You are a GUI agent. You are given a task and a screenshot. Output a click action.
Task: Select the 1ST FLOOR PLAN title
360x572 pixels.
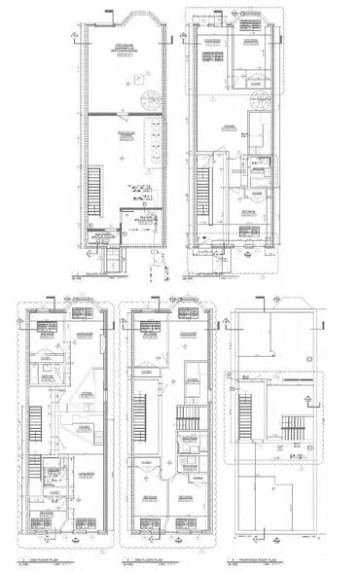pyautogui.click(x=207, y=273)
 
